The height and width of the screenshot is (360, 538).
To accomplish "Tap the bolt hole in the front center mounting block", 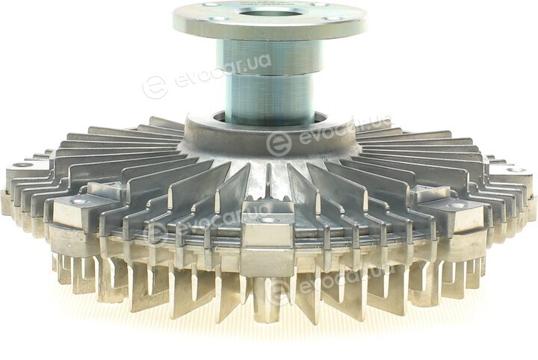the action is coord(265,220).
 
